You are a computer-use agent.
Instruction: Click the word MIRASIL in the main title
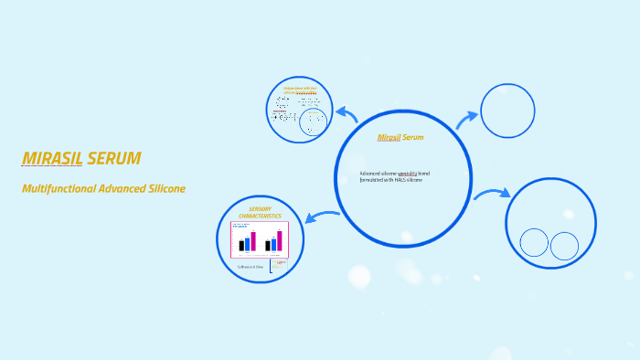[x=52, y=159]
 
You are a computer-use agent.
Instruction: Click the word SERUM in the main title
[x=113, y=159]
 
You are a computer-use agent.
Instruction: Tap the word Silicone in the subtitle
[x=165, y=189]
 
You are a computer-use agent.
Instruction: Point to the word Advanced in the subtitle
[x=115, y=189]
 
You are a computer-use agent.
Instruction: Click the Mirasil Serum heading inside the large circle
[x=400, y=138]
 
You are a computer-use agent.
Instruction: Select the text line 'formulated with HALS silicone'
[x=391, y=180]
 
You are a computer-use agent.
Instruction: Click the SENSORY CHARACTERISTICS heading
[x=260, y=212]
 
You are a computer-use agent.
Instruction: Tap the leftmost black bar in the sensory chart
[x=241, y=245]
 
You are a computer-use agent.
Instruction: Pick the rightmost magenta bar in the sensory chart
[x=279, y=240]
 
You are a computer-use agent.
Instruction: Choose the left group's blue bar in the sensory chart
[x=247, y=244]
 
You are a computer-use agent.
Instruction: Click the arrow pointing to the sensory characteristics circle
[x=322, y=217]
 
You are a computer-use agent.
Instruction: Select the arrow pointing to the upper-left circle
[x=347, y=114]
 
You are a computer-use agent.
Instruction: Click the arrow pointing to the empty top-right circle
[x=466, y=120]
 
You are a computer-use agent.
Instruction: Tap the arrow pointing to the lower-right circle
[x=492, y=194]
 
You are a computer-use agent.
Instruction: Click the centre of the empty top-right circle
[x=507, y=111]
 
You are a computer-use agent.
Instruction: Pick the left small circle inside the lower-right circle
[x=534, y=242]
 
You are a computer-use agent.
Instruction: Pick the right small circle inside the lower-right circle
[x=564, y=246]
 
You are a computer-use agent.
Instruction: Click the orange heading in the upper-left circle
[x=300, y=90]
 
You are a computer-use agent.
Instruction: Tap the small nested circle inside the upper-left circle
[x=314, y=122]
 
